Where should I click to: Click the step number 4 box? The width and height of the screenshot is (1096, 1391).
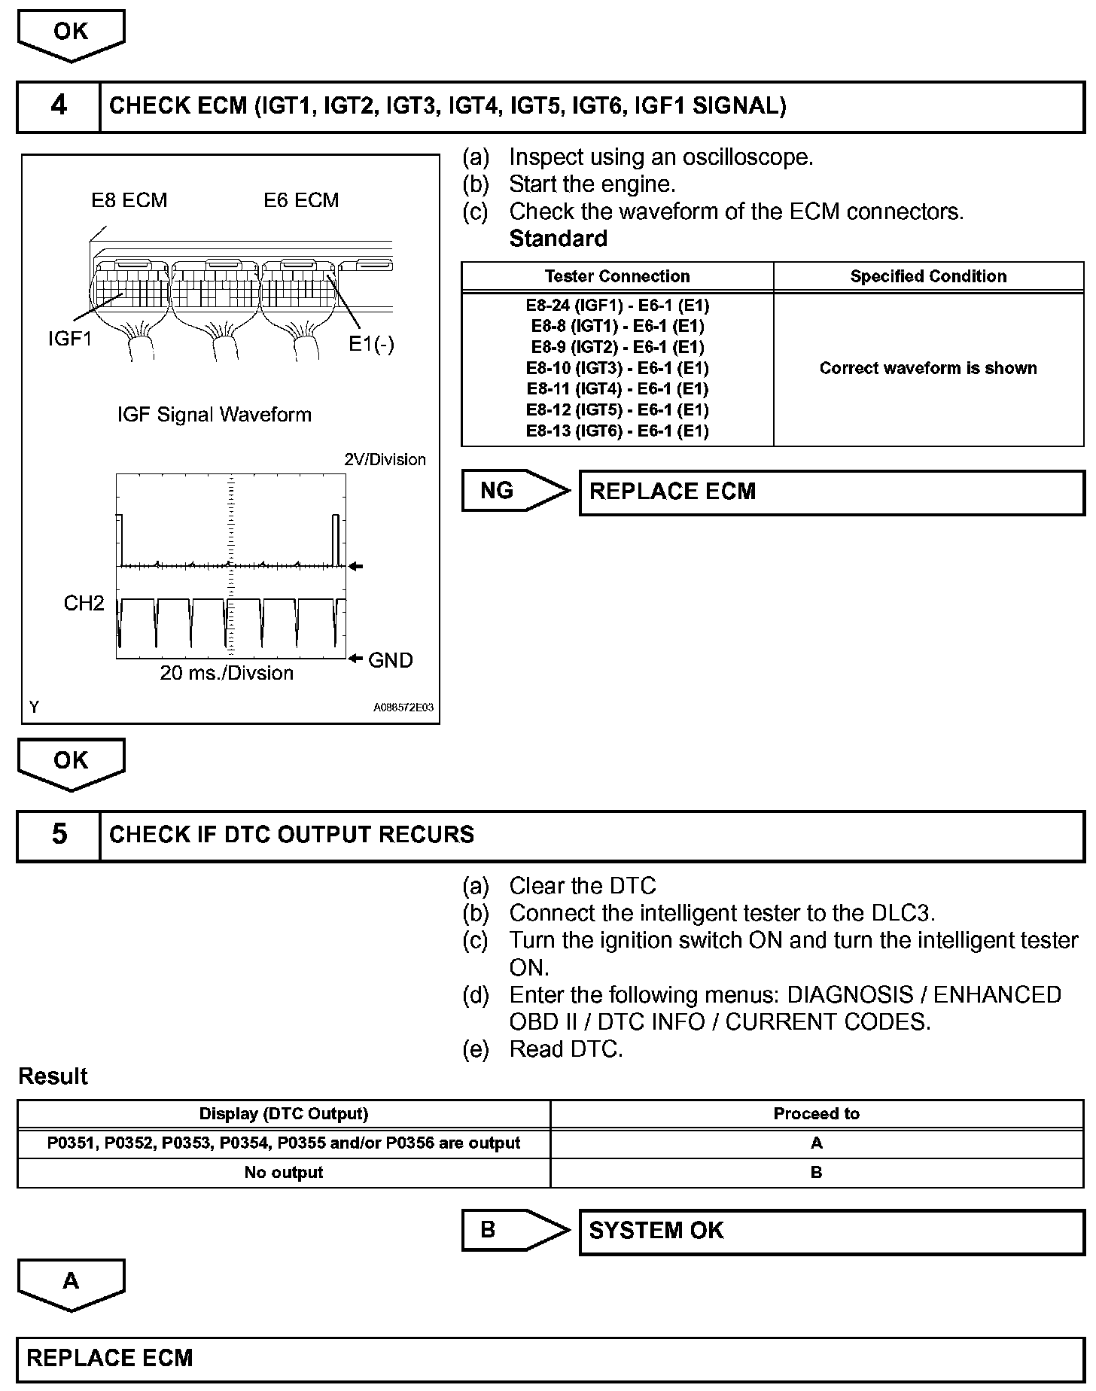[x=59, y=106]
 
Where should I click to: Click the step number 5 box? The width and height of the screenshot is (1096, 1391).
[x=59, y=835]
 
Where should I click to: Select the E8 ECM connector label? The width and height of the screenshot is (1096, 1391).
[x=129, y=200]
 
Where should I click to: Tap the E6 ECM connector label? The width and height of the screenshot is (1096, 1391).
[x=301, y=200]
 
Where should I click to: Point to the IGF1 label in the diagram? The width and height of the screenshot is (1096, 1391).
[x=69, y=339]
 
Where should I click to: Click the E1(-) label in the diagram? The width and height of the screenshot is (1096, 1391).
[x=371, y=344]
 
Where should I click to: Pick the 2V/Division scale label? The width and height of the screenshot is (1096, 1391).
[x=385, y=459]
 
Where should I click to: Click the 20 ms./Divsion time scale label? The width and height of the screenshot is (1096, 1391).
[x=227, y=673]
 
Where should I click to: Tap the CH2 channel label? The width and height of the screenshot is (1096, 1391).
[x=84, y=604]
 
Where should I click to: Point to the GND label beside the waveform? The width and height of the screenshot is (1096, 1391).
[x=390, y=660]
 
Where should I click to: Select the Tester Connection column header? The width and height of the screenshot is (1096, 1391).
[x=616, y=276]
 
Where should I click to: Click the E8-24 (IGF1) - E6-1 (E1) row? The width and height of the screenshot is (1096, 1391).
[x=616, y=306]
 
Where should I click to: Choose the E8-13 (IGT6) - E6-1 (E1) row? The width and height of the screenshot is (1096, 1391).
[x=616, y=431]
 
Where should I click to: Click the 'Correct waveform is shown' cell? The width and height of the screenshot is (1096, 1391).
[x=927, y=368]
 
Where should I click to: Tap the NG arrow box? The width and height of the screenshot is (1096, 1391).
[x=514, y=492]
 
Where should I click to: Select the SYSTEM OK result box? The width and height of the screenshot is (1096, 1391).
[x=831, y=1231]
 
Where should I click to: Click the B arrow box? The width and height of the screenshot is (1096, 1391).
[x=514, y=1231]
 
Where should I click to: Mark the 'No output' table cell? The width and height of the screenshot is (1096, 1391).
[x=283, y=1172]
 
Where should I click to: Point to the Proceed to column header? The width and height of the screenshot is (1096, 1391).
[x=816, y=1113]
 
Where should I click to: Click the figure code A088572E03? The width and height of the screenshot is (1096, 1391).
[x=403, y=708]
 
